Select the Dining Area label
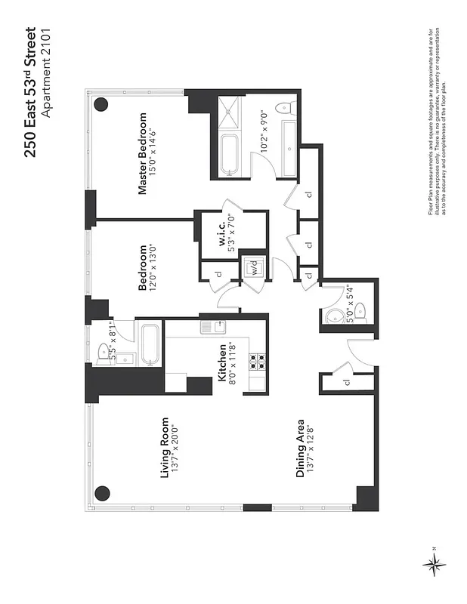(300, 448)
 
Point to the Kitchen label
(224, 367)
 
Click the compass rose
(434, 562)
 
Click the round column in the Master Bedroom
(101, 105)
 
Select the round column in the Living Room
(101, 494)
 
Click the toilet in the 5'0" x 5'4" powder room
(360, 312)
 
